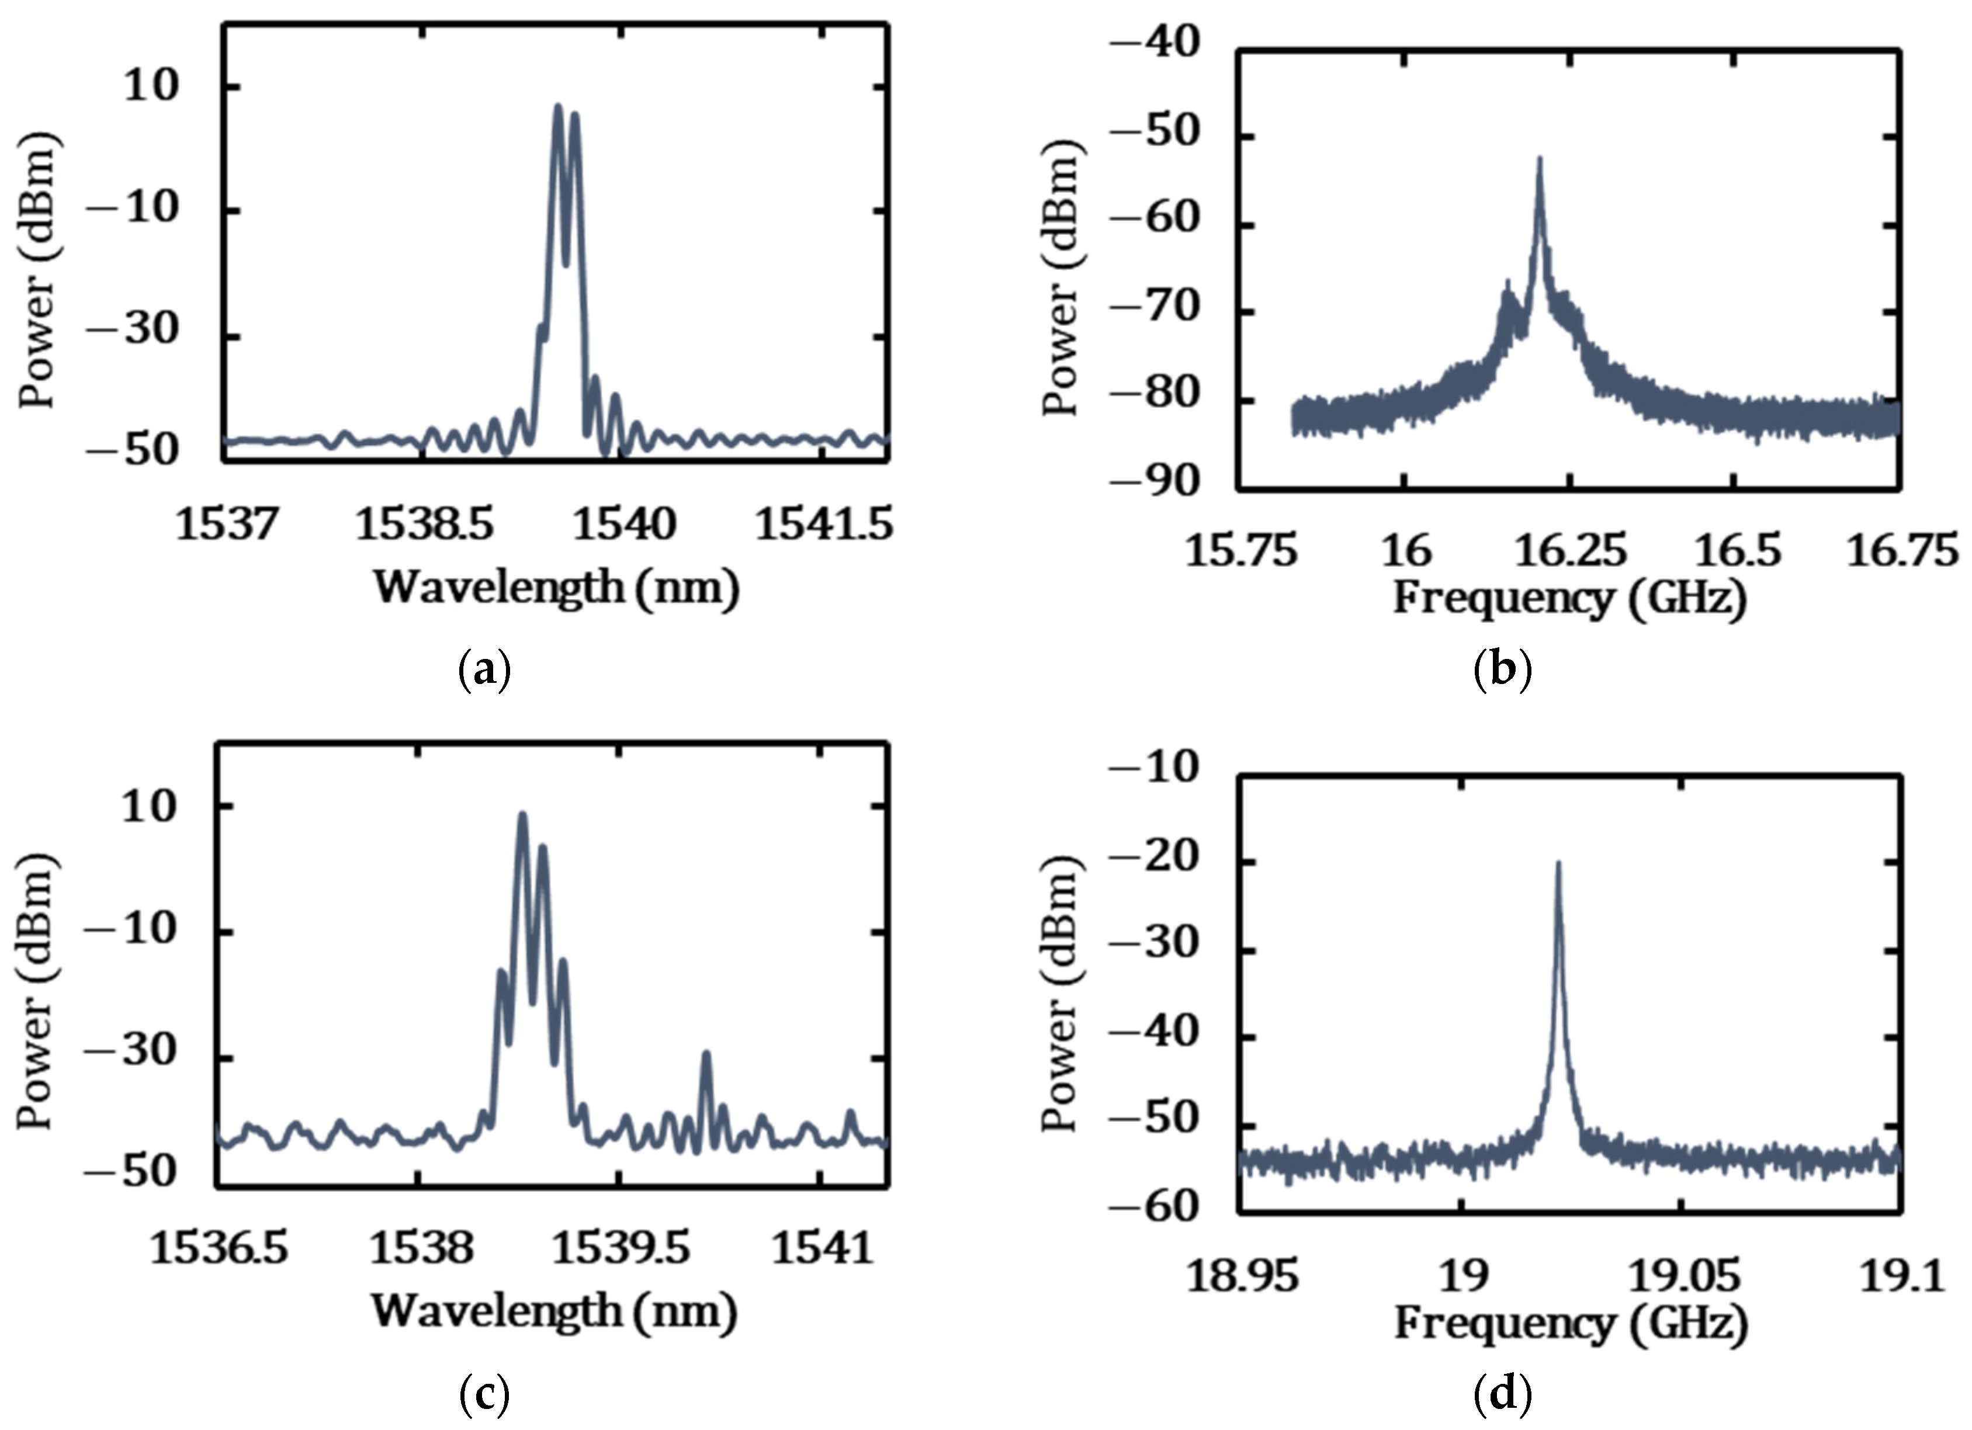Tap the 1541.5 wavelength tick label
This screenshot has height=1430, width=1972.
[x=823, y=526]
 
